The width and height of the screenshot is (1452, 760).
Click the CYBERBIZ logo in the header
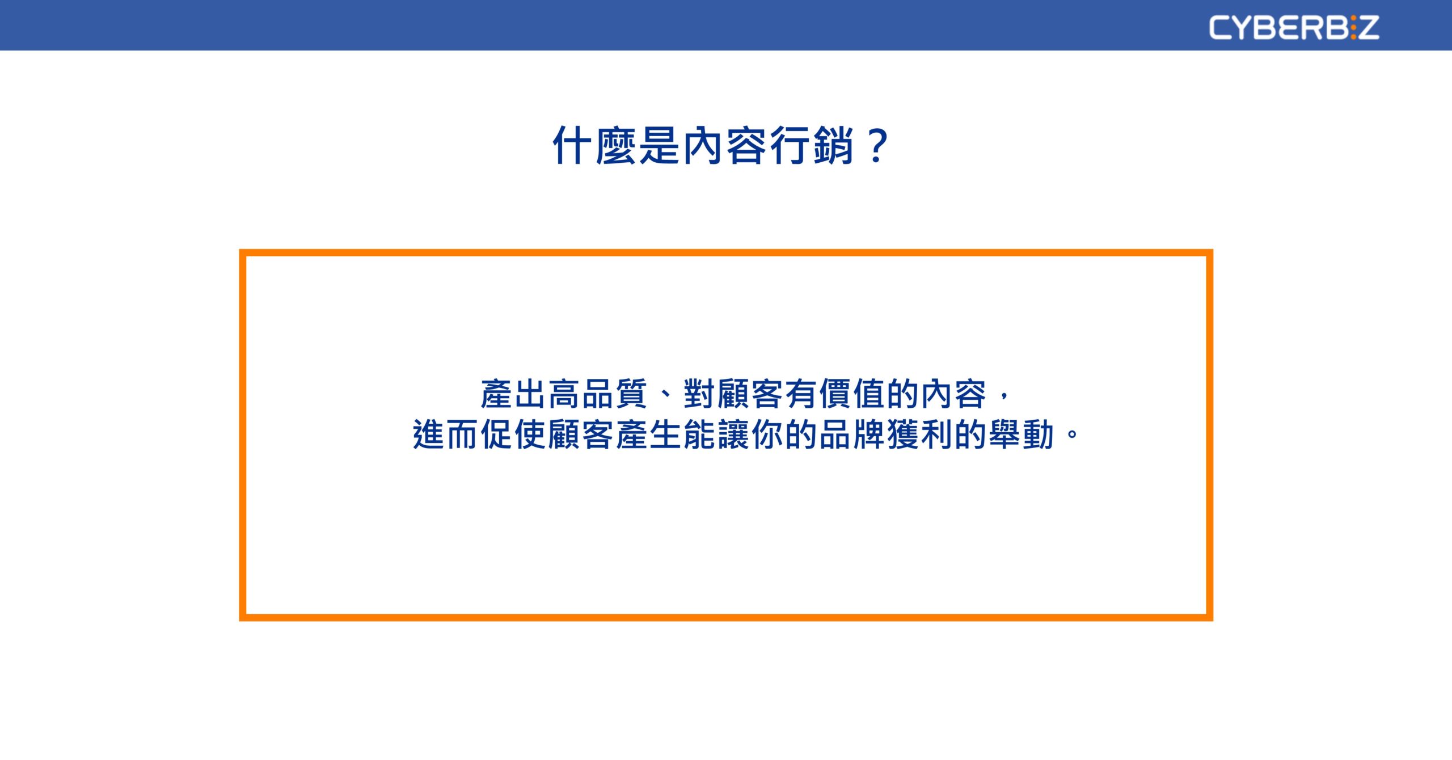(x=1294, y=27)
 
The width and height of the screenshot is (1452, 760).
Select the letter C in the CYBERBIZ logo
(x=1219, y=27)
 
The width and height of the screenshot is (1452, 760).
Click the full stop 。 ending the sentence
(x=1072, y=436)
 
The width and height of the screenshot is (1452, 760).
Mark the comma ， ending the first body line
(x=1004, y=396)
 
